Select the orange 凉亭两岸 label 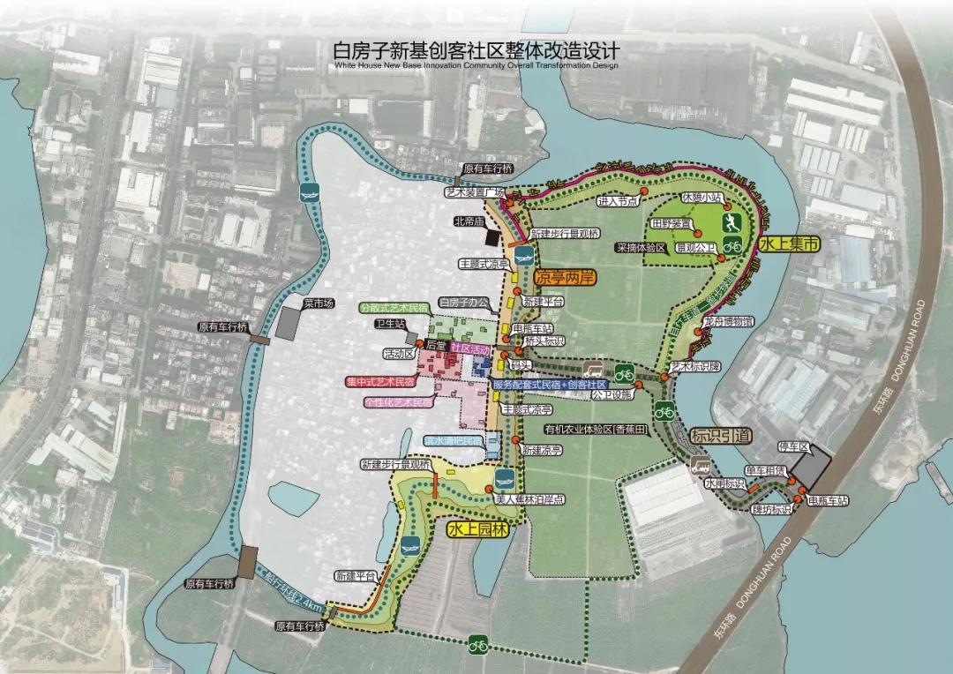point(566,277)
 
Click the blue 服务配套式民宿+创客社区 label point(549,386)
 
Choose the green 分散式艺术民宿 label point(394,308)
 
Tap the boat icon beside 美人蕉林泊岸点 point(504,480)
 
